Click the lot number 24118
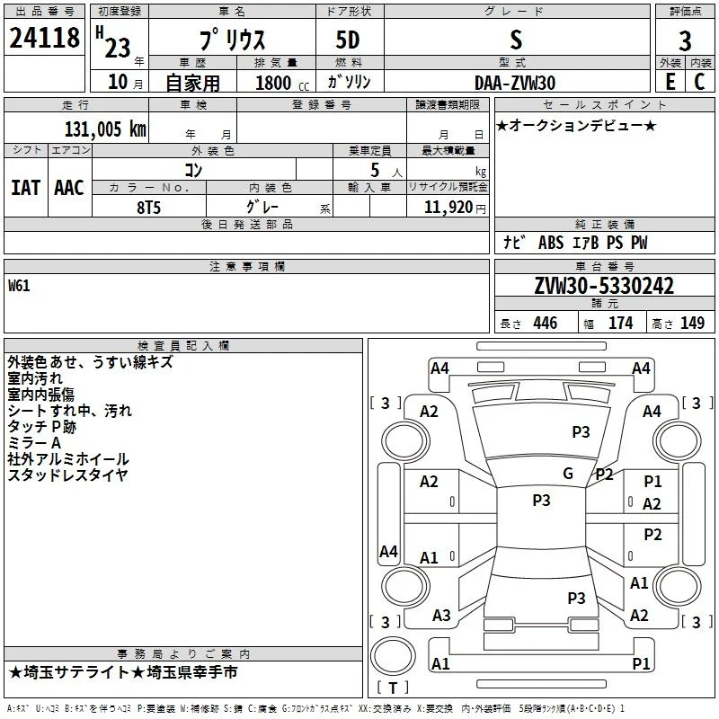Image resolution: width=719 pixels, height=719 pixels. point(44,38)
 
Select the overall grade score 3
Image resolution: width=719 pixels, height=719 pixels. point(685,40)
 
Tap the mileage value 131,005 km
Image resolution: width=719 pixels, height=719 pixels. point(105,129)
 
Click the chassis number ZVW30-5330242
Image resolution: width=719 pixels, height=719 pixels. point(604,286)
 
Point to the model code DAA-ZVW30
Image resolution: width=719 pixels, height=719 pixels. point(515,83)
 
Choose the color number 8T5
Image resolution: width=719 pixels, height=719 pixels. point(148,208)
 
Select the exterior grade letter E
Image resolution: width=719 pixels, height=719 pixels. point(670,82)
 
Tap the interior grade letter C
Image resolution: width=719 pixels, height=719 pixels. point(699,82)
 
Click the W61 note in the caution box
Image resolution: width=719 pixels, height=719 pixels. point(19,286)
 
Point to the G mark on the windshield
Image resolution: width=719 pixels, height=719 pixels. point(568,473)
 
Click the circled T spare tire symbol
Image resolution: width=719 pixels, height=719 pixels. point(393,656)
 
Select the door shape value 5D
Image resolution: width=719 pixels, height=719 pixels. point(348,40)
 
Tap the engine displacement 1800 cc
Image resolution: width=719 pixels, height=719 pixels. point(282,83)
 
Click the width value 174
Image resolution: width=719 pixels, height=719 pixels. point(620,323)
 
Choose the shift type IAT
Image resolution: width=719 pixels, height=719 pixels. point(25,188)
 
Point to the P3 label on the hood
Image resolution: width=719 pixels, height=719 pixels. point(581,431)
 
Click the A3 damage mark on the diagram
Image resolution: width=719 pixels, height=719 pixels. point(441,615)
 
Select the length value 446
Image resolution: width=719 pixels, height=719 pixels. point(546,323)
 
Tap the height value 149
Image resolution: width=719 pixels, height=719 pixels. point(692,323)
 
